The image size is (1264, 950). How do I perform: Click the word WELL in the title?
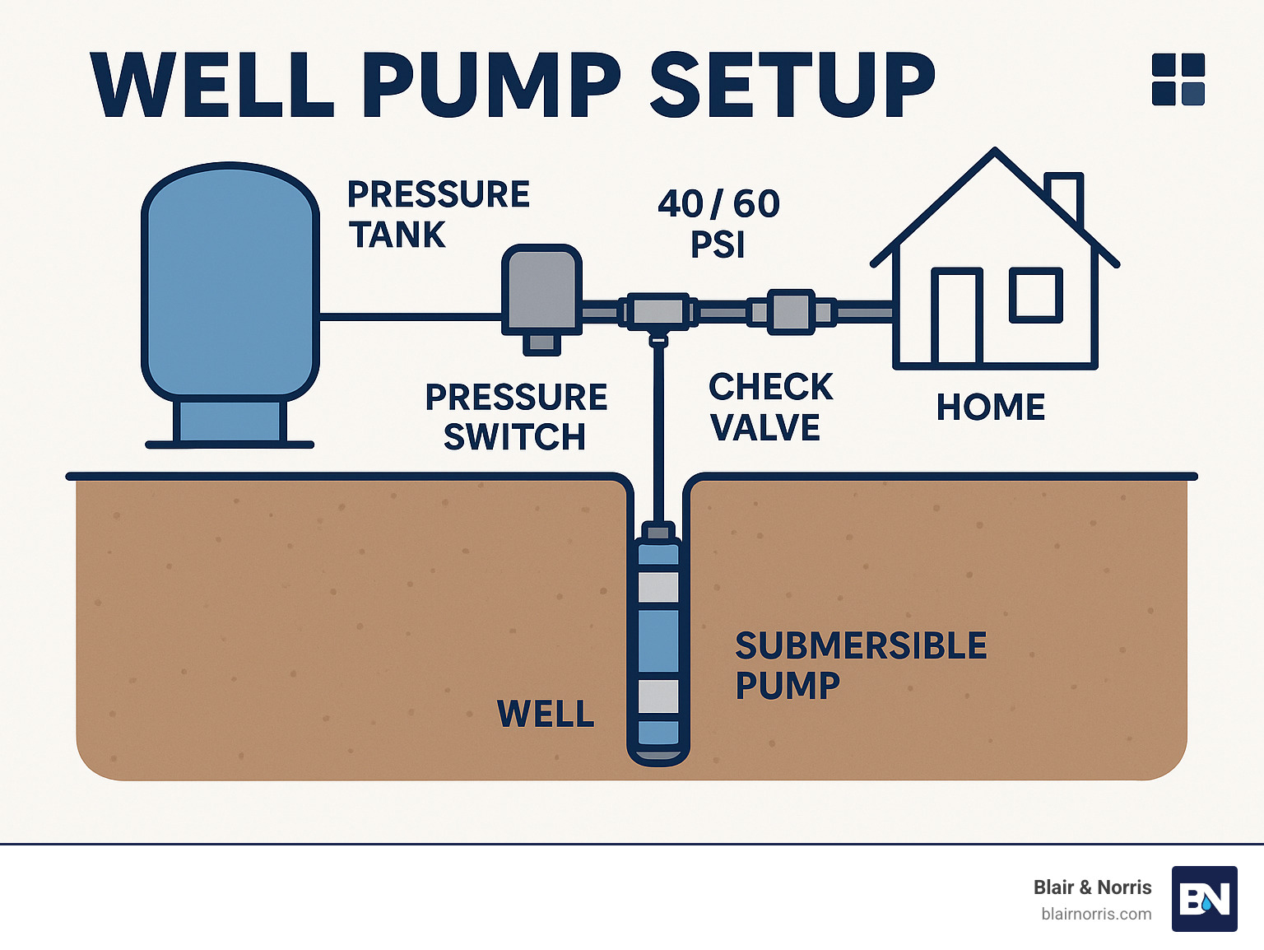tap(212, 86)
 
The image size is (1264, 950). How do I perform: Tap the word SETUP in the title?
tap(792, 86)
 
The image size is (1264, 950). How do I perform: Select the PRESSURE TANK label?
tap(438, 215)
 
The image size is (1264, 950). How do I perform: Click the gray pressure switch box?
tap(541, 291)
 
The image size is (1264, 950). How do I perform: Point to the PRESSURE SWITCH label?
tap(516, 417)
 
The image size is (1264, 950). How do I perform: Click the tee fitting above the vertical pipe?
tap(658, 312)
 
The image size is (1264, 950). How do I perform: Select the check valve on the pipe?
tap(791, 312)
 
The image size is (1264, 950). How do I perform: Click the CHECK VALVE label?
tap(770, 407)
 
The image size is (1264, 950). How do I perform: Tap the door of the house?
tap(957, 317)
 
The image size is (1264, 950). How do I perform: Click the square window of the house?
tap(1036, 294)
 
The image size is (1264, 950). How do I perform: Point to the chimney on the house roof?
tap(1063, 196)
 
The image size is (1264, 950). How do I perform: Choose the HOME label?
tap(991, 407)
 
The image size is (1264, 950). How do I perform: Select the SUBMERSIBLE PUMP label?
tap(860, 665)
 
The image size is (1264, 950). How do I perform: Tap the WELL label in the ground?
tap(546, 714)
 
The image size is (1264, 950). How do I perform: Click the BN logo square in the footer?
tap(1204, 899)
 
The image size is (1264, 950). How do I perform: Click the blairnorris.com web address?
tap(1096, 914)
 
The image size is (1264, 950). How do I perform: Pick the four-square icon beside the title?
tap(1178, 79)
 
